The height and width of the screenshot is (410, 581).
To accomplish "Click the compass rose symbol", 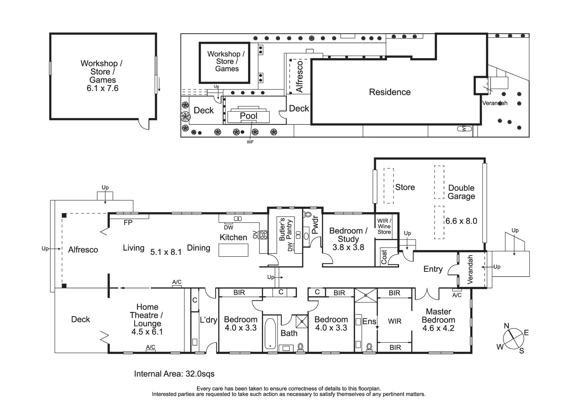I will pyautogui.click(x=513, y=338).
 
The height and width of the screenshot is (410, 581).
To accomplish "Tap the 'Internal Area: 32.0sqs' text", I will pyautogui.click(x=174, y=374).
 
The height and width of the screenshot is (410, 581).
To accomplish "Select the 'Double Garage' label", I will pyautogui.click(x=461, y=192).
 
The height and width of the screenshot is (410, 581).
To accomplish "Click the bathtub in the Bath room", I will pyautogui.click(x=270, y=333).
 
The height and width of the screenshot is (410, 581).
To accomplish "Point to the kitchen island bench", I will pyautogui.click(x=233, y=250).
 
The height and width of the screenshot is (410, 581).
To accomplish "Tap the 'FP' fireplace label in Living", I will pyautogui.click(x=128, y=223).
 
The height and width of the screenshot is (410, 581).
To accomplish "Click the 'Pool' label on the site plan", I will pyautogui.click(x=249, y=116).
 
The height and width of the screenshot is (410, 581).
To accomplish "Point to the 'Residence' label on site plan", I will pyautogui.click(x=390, y=92).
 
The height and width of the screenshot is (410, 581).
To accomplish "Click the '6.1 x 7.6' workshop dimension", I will pyautogui.click(x=102, y=88).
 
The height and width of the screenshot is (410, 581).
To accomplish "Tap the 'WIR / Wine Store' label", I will pyautogui.click(x=384, y=226).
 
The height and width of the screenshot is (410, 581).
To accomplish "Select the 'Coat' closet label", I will pyautogui.click(x=384, y=257).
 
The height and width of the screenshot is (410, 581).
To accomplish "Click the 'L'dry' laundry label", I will pyautogui.click(x=208, y=320).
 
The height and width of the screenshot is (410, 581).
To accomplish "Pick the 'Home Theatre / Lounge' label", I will pyautogui.click(x=147, y=315).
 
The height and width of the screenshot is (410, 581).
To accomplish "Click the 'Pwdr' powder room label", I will pyautogui.click(x=315, y=225).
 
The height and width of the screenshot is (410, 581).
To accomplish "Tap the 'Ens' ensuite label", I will pyautogui.click(x=369, y=322).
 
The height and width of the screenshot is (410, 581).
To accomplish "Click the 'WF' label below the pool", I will pyautogui.click(x=250, y=142).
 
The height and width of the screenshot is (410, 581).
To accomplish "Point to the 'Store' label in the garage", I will pyautogui.click(x=405, y=187).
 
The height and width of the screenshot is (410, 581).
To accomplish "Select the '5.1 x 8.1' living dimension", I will pyautogui.click(x=166, y=252).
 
